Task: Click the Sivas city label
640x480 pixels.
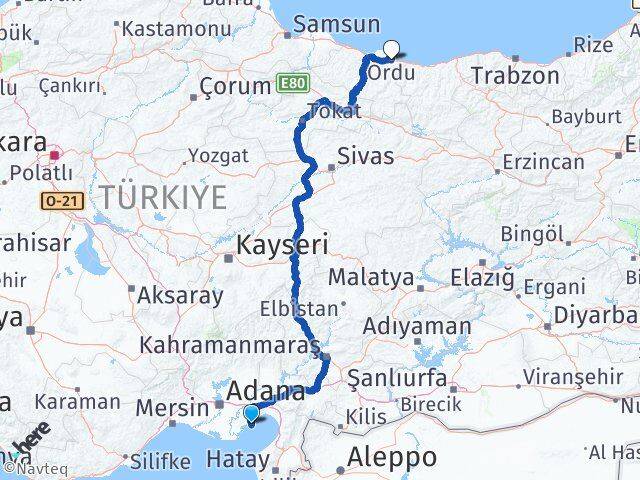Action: (365, 156)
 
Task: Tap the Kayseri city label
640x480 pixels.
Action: (282, 245)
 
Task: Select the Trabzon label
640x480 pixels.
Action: (515, 75)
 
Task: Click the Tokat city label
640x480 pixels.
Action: (335, 110)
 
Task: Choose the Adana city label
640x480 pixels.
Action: (267, 390)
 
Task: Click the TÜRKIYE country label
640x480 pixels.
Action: (162, 198)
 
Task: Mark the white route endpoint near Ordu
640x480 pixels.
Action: (391, 47)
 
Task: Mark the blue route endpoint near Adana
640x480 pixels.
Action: (251, 412)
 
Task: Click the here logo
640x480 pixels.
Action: (34, 439)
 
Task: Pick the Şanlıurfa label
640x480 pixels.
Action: (385, 378)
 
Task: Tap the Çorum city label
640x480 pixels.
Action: (235, 86)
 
